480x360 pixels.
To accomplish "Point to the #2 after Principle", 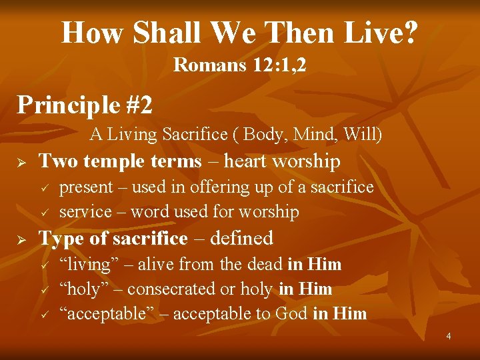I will click(x=138, y=104).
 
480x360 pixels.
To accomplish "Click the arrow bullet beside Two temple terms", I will click(x=21, y=162).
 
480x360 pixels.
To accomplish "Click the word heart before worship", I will click(x=249, y=161).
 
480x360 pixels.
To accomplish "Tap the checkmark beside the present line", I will click(x=44, y=189).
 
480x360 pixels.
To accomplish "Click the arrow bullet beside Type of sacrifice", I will click(x=21, y=239).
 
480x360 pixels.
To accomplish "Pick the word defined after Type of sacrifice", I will click(x=239, y=238).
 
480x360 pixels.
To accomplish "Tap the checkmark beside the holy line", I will click(x=44, y=290).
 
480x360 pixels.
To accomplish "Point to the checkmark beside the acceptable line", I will click(x=44, y=315).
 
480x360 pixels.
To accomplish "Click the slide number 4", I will click(x=449, y=336).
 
